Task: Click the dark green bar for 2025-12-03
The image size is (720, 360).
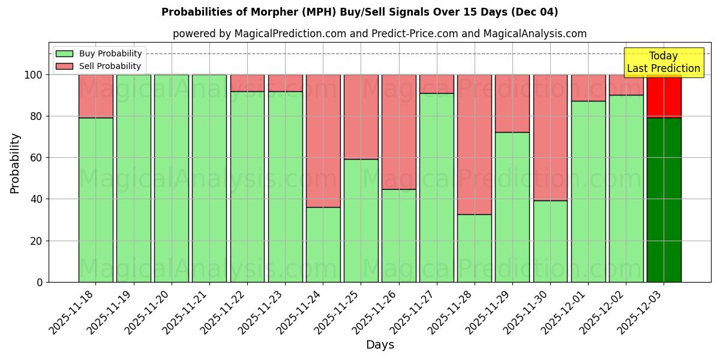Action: pos(664,200)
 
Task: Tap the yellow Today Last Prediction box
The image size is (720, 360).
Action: pos(664,62)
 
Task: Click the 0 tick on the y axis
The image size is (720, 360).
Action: pos(40,282)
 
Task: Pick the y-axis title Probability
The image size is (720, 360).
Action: pos(15,163)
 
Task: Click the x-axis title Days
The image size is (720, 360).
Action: pos(380,345)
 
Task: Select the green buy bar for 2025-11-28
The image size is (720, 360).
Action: pos(474,248)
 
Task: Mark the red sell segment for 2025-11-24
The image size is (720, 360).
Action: pos(323,141)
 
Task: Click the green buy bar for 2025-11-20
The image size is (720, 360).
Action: pos(172,178)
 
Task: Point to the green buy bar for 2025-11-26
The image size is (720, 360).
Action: pos(398,235)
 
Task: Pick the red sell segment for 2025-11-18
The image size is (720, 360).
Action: pos(96,96)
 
